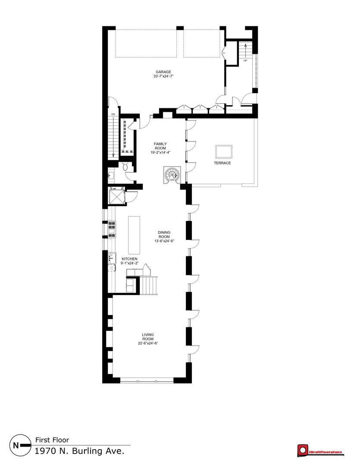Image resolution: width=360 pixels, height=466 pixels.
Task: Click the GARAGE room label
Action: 163,72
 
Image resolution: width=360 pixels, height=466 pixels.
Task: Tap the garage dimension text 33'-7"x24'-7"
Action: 163,76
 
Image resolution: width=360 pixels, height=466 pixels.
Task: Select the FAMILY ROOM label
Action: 160,146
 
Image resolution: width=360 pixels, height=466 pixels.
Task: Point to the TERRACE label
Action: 222,163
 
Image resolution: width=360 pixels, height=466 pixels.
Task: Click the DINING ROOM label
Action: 164,234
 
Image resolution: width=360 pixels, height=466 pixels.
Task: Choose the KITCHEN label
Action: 129,259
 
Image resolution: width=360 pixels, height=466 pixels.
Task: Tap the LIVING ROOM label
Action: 147,337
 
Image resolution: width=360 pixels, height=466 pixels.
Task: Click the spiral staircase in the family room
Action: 172,175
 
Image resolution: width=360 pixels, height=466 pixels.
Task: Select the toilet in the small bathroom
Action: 125,167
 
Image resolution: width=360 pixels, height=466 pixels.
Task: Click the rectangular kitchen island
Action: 134,235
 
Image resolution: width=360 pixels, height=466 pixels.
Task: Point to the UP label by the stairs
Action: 245,61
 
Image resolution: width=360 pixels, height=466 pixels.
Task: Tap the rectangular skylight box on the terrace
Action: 224,152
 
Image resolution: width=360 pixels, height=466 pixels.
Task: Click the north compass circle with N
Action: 21,445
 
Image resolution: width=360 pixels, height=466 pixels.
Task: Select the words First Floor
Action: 52,440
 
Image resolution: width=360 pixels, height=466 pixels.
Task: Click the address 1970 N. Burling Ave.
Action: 79,451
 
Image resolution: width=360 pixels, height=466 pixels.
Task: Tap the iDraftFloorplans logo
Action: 319,450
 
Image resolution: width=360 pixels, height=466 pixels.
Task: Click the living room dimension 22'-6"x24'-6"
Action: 147,343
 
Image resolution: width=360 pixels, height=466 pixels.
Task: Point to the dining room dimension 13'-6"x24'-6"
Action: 164,241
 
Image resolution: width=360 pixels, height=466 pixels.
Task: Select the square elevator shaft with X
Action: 116,195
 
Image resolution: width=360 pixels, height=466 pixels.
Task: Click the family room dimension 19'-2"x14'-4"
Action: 160,152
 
